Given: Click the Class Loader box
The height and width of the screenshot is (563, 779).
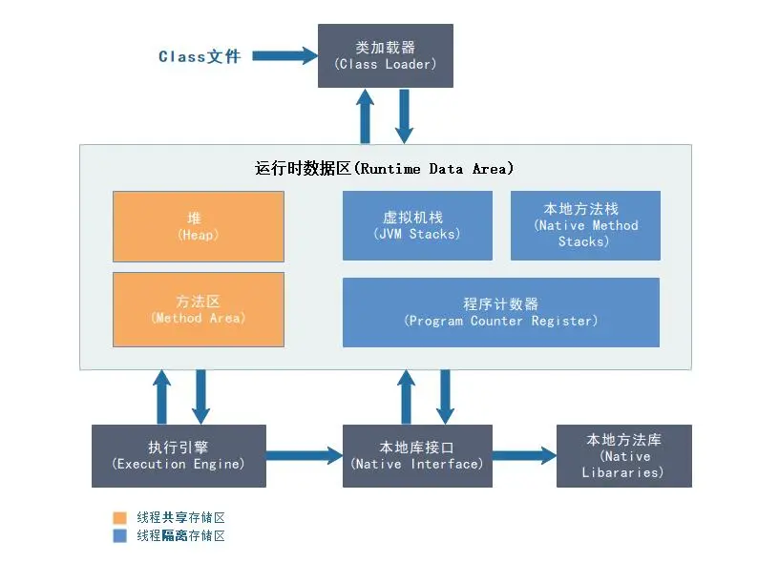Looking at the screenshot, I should pyautogui.click(x=385, y=55).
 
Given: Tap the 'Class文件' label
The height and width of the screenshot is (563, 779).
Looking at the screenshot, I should pyautogui.click(x=199, y=56).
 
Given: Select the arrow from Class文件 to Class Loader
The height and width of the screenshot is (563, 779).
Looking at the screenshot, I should pyautogui.click(x=285, y=56).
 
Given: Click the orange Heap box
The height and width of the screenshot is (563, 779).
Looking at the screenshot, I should pyautogui.click(x=199, y=226).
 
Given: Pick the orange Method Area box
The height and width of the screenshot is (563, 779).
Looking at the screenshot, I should pyautogui.click(x=199, y=309).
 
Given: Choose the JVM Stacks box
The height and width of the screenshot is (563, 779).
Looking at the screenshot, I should pyautogui.click(x=417, y=225).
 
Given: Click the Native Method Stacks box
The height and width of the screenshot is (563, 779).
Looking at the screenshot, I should pyautogui.click(x=585, y=225).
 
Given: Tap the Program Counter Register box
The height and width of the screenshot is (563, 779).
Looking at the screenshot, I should pyautogui.click(x=501, y=312).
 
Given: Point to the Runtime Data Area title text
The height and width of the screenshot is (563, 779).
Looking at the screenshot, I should pyautogui.click(x=385, y=169).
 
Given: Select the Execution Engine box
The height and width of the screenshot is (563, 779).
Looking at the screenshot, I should pyautogui.click(x=179, y=456).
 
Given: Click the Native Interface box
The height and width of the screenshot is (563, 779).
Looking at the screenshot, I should pyautogui.click(x=417, y=456).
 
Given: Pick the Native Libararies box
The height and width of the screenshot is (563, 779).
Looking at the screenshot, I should pyautogui.click(x=623, y=456).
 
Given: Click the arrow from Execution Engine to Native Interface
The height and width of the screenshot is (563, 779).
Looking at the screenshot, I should pyautogui.click(x=304, y=456).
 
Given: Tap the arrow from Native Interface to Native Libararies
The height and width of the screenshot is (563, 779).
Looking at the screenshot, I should pyautogui.click(x=524, y=456).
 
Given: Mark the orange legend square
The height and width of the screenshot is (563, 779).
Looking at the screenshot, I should pyautogui.click(x=119, y=517).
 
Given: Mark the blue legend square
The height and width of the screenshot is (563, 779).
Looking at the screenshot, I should pyautogui.click(x=119, y=536).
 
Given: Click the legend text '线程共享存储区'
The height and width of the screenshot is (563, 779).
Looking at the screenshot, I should pyautogui.click(x=180, y=517).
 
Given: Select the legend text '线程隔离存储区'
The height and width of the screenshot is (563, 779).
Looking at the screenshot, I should pyautogui.click(x=180, y=536).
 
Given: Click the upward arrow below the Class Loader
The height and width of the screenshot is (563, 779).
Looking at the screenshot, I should pyautogui.click(x=365, y=116).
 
